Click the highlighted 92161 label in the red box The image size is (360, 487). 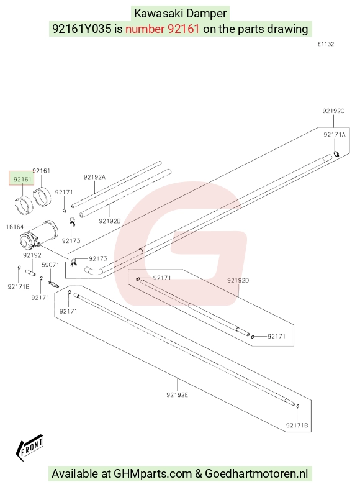[x=22, y=179]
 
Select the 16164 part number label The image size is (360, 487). [x=15, y=227]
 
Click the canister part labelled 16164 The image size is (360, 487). [x=38, y=235]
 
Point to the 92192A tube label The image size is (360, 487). [x=94, y=177]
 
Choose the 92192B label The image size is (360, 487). [x=109, y=221]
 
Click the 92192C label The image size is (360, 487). [x=333, y=111]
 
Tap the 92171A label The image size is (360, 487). [x=334, y=134]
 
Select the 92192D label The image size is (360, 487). [x=238, y=281]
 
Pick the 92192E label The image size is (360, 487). [x=178, y=395]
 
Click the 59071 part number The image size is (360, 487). [x=50, y=265]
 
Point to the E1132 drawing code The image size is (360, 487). [x=326, y=44]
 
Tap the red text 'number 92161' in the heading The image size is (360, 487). [x=162, y=29]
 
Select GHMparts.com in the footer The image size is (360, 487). [x=153, y=473]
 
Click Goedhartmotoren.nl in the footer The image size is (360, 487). [x=256, y=473]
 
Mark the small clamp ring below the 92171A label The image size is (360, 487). [x=336, y=153]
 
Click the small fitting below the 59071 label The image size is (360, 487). [x=53, y=284]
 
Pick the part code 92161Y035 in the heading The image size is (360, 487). [x=82, y=29]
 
